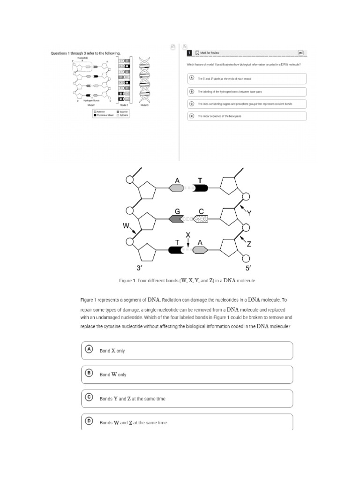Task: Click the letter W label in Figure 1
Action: tap(126, 225)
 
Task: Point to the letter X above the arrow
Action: tap(188, 234)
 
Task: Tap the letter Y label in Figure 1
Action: tap(249, 213)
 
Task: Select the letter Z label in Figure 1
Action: tap(249, 244)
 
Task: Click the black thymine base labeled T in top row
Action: tap(201, 188)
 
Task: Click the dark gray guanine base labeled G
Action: tap(177, 219)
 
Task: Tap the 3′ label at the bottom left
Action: tap(139, 268)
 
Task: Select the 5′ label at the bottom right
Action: tap(249, 268)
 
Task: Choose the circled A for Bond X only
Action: tap(89, 350)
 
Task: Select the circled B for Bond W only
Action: tap(89, 374)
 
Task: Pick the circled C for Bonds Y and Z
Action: tap(89, 397)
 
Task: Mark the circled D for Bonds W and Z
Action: tap(89, 421)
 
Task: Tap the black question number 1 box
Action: tap(189, 53)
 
